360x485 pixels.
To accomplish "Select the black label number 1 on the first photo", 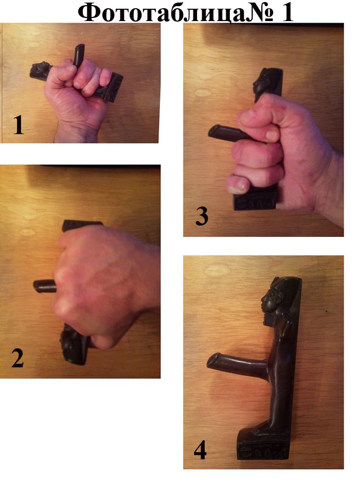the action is tap(19, 125).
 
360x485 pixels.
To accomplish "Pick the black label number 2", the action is tap(17, 358).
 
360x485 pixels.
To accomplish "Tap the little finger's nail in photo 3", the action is tap(236, 189).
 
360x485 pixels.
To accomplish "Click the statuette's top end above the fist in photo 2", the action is tap(82, 225).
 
